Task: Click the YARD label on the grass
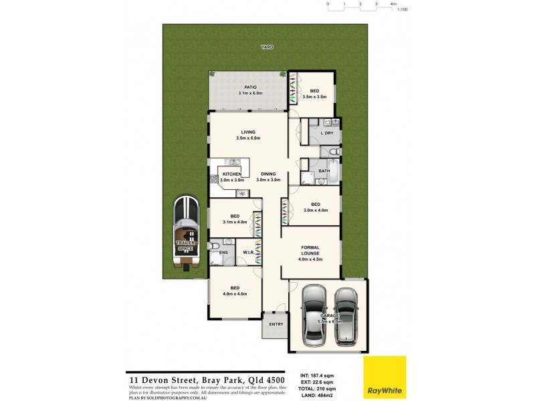click(x=267, y=47)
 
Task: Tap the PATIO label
click(x=250, y=87)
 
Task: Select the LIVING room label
click(x=247, y=132)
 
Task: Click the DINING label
click(x=269, y=174)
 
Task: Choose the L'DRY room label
click(x=327, y=133)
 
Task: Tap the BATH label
click(x=324, y=171)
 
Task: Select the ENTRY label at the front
click(x=276, y=324)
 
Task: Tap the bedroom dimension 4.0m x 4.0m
click(x=235, y=293)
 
